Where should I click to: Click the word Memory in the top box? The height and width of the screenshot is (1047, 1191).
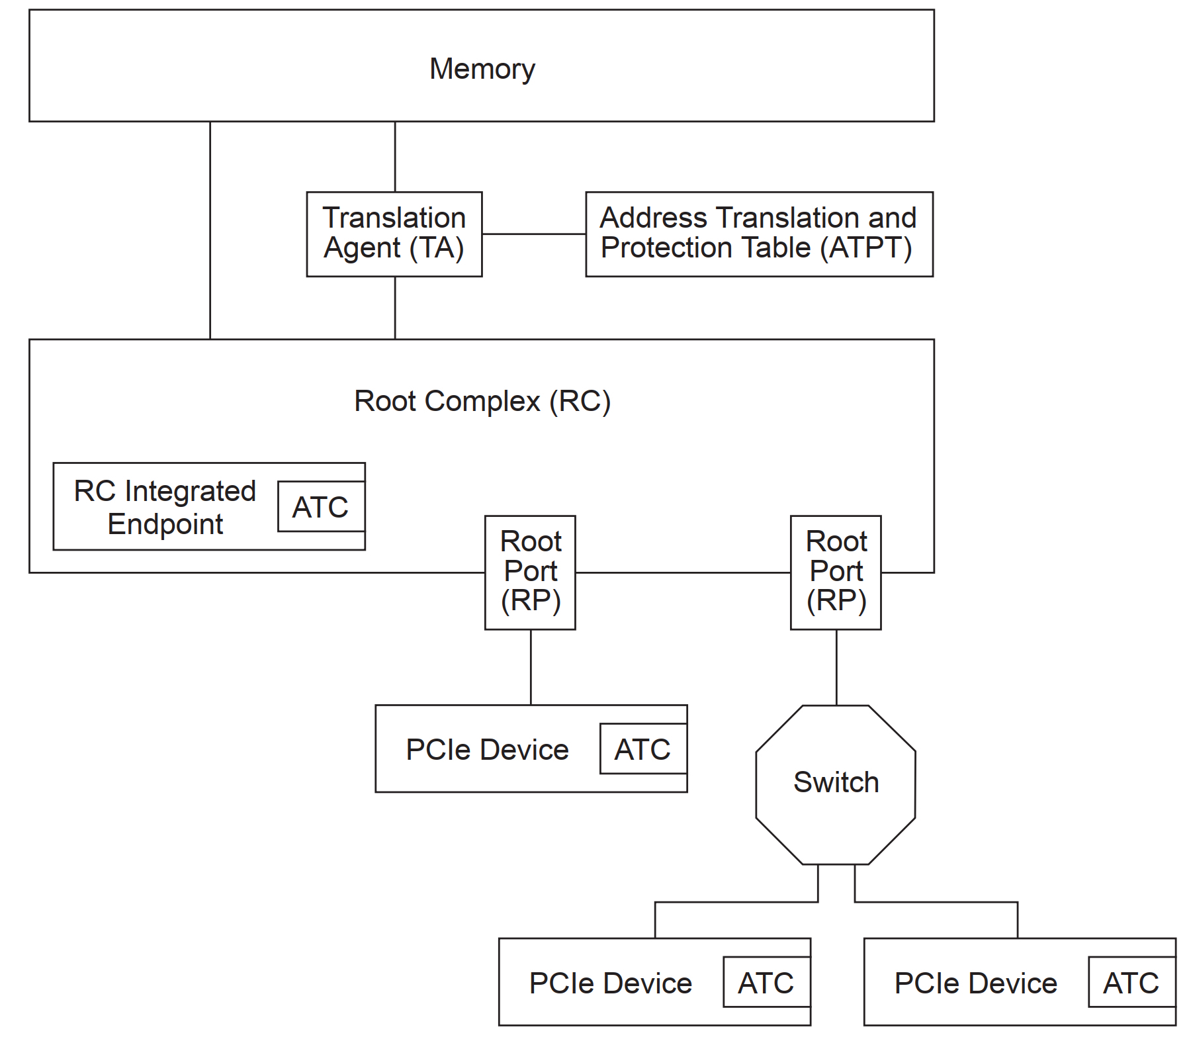pos(482,69)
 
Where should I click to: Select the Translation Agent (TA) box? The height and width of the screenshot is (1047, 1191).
pos(394,234)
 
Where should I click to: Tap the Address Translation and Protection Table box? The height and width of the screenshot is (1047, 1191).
pos(759,234)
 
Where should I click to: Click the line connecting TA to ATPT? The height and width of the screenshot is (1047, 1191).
pos(533,234)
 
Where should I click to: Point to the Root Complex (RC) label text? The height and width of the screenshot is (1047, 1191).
pos(482,401)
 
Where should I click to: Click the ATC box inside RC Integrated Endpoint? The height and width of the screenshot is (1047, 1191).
pos(321,507)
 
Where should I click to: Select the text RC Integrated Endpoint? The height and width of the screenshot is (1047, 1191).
pos(165,507)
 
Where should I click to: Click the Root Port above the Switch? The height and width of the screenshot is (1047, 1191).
pos(836,572)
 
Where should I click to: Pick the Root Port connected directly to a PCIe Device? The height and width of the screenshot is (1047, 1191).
pos(530,572)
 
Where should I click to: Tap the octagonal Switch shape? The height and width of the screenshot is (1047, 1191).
pos(836,784)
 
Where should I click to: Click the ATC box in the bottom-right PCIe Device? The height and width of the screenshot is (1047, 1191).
pos(1131,983)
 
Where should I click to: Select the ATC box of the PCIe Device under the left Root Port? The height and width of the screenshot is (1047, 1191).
pos(642,749)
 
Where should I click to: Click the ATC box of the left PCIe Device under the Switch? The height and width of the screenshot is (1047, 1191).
pos(766,983)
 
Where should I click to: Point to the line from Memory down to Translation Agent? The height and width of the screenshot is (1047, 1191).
pos(395,156)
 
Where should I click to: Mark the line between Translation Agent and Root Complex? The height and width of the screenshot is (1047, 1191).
pos(395,308)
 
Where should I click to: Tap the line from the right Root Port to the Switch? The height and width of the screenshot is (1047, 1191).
pos(836,666)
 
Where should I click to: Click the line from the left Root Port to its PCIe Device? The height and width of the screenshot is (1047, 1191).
pos(531,666)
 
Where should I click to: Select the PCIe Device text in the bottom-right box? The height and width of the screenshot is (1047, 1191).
pos(975,983)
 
